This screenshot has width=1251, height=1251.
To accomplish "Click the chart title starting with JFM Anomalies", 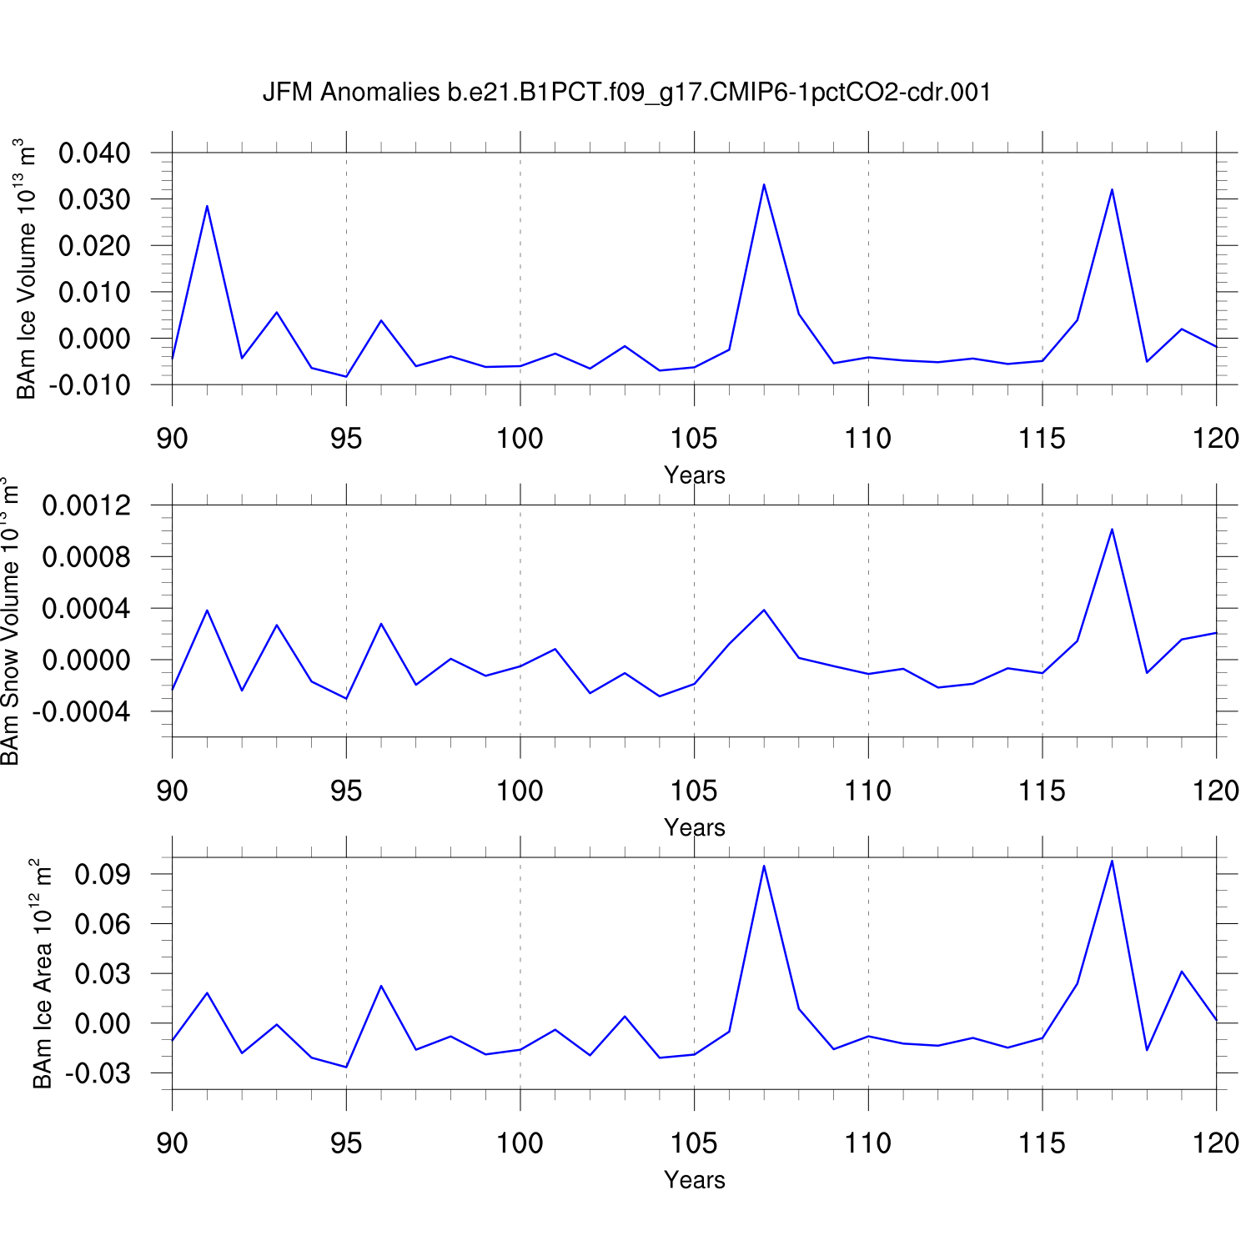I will click(626, 92).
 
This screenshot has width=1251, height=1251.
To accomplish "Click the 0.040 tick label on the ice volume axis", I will click(94, 153).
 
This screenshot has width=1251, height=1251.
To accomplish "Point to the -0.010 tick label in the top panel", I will click(90, 385).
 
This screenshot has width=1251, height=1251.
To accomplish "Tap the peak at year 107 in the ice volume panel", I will click(764, 185).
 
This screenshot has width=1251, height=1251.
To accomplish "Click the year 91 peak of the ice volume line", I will click(207, 206).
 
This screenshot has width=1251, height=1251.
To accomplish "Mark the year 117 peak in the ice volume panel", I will click(1112, 189).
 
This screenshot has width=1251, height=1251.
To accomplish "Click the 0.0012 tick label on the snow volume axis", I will click(87, 505).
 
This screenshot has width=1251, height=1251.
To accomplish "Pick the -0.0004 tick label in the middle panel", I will click(82, 712).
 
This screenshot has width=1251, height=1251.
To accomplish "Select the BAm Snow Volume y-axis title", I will click(9, 620).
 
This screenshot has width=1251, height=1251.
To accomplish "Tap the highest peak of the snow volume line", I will click(1112, 530).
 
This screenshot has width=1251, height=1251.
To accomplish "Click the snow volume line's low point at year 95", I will click(346, 698).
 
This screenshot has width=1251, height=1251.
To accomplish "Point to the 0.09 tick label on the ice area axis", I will click(103, 874).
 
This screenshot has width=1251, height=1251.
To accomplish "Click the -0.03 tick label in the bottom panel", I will click(98, 1073).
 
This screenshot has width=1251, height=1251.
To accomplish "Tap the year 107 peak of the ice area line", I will click(764, 866).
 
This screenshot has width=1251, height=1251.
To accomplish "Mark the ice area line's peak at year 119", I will click(1182, 972).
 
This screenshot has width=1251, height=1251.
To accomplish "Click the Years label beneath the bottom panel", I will click(695, 1180).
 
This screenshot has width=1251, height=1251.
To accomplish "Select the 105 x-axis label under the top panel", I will click(694, 439).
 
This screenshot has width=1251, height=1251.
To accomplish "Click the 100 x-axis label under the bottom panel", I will click(520, 1143).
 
